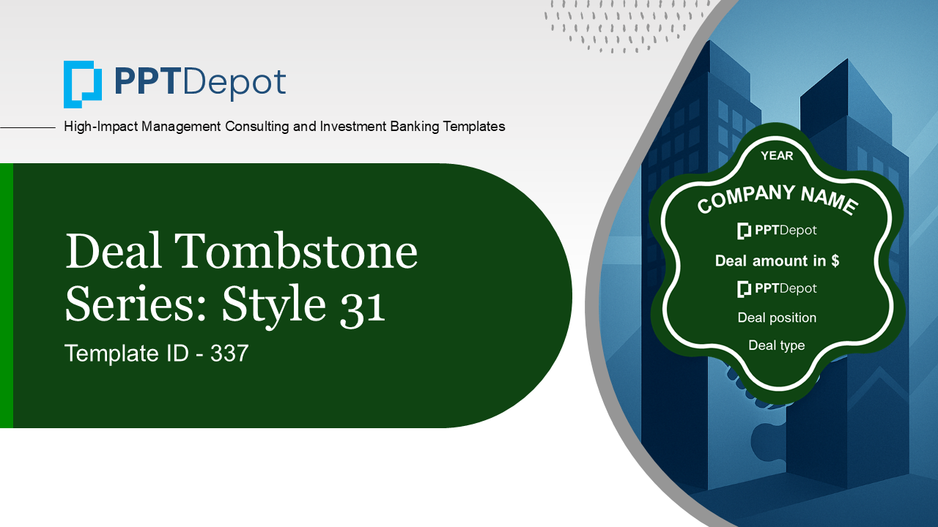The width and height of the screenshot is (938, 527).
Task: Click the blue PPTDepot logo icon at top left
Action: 83,84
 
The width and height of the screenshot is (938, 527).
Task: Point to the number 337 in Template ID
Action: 229,354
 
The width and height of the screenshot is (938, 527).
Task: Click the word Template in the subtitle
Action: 108,354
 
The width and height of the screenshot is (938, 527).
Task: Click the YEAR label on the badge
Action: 777,156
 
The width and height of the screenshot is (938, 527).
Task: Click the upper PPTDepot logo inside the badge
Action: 777,231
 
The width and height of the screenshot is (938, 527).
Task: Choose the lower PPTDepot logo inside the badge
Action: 777,289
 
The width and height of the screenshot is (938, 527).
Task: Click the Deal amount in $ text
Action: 777,261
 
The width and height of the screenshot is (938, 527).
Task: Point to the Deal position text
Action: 777,318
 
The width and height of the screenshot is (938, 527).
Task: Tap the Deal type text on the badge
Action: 777,345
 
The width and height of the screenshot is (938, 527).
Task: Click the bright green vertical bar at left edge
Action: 6,296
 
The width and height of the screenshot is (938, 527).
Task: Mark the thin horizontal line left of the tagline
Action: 28,127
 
